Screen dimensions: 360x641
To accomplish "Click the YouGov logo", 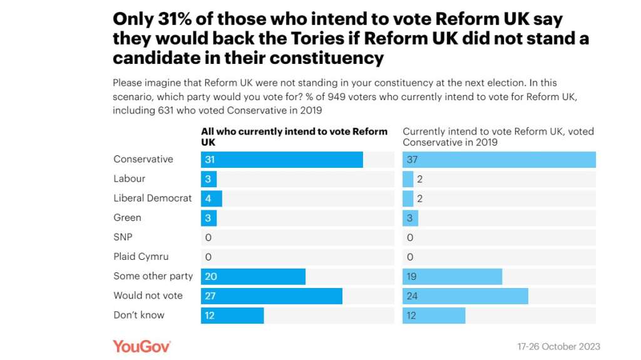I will [141, 346].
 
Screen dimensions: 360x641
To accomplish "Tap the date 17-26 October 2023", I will [558, 347].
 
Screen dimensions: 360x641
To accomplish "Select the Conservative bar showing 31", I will [282, 160].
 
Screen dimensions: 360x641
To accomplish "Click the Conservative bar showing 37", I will [499, 160].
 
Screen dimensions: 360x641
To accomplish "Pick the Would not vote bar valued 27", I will [272, 296].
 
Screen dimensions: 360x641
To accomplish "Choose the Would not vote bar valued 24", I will [465, 296].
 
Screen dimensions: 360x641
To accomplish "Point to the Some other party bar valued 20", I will [253, 276].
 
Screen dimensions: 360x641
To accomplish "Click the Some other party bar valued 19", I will [452, 276].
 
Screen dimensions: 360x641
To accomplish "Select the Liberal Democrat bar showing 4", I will [212, 198].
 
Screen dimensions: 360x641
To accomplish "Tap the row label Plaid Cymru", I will [141, 257].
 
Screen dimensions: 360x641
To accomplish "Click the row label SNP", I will [123, 237].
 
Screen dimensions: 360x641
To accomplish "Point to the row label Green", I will [127, 218].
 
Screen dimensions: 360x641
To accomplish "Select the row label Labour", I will [130, 179].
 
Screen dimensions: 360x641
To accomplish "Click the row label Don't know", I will [139, 315].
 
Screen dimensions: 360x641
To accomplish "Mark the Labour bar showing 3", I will [208, 179].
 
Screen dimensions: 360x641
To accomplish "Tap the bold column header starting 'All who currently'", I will [294, 136].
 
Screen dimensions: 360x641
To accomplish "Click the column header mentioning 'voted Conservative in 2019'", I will [498, 136].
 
